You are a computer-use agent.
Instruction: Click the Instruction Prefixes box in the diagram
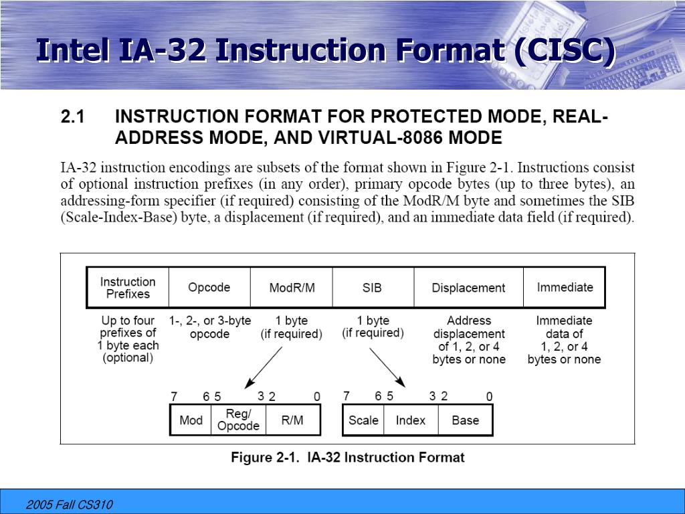click(128, 288)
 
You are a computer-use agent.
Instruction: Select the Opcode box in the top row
click(209, 288)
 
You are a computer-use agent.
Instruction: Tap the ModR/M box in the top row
click(292, 288)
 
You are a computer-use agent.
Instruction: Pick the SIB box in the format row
click(372, 288)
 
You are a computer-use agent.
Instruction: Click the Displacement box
click(468, 288)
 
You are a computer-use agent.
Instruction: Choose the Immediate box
click(565, 288)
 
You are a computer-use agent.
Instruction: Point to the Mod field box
click(191, 420)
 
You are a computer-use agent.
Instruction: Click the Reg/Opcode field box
click(238, 420)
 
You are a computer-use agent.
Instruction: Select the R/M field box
click(292, 420)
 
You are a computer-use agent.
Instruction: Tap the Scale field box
click(363, 420)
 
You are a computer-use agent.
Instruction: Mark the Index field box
click(410, 420)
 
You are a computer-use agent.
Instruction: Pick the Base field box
click(465, 420)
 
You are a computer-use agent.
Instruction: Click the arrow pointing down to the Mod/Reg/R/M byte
click(264, 365)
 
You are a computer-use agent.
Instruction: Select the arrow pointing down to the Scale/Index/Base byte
click(388, 367)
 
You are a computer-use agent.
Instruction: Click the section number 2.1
click(73, 117)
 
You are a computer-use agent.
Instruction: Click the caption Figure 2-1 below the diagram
click(347, 458)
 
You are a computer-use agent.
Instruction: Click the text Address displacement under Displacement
click(468, 327)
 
